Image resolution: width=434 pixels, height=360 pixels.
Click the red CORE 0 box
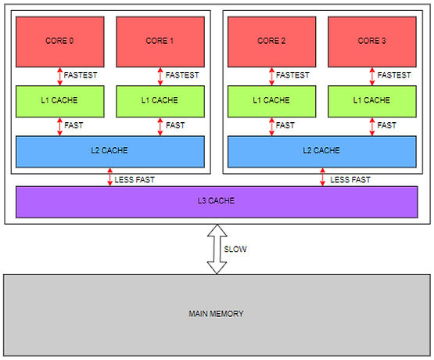pos(59,41)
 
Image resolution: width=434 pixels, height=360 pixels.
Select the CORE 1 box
pos(160,41)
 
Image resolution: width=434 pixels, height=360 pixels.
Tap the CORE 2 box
pos(271,41)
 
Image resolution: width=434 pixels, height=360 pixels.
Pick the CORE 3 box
pos(372,41)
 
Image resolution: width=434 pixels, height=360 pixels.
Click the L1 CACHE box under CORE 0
pos(59,102)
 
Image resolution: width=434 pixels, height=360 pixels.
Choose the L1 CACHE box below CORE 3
pos(372,102)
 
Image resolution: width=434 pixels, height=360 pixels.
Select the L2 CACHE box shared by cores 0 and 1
pos(110,152)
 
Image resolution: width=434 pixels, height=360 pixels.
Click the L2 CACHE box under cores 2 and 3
pos(322,152)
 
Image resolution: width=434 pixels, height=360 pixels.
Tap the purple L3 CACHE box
pos(217,202)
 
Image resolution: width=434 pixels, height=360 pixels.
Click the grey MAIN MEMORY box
pos(217,315)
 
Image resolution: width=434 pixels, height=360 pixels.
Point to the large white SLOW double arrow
pos(217,249)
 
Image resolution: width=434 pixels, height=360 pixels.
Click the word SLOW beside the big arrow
pos(235,249)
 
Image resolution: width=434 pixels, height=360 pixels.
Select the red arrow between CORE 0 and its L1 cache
pos(59,77)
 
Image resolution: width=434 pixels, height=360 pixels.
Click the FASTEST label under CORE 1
pos(182,75)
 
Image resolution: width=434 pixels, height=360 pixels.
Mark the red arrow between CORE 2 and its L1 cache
pos(271,77)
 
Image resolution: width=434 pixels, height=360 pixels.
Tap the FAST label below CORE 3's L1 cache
pos(386,125)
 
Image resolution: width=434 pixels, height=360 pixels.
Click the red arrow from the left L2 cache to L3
pos(110,177)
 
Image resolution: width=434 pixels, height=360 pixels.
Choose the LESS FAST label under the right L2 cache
pos(350,180)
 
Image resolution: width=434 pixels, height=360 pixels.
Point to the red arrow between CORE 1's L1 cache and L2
pos(160,127)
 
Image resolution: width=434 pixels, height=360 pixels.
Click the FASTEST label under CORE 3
pos(394,75)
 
